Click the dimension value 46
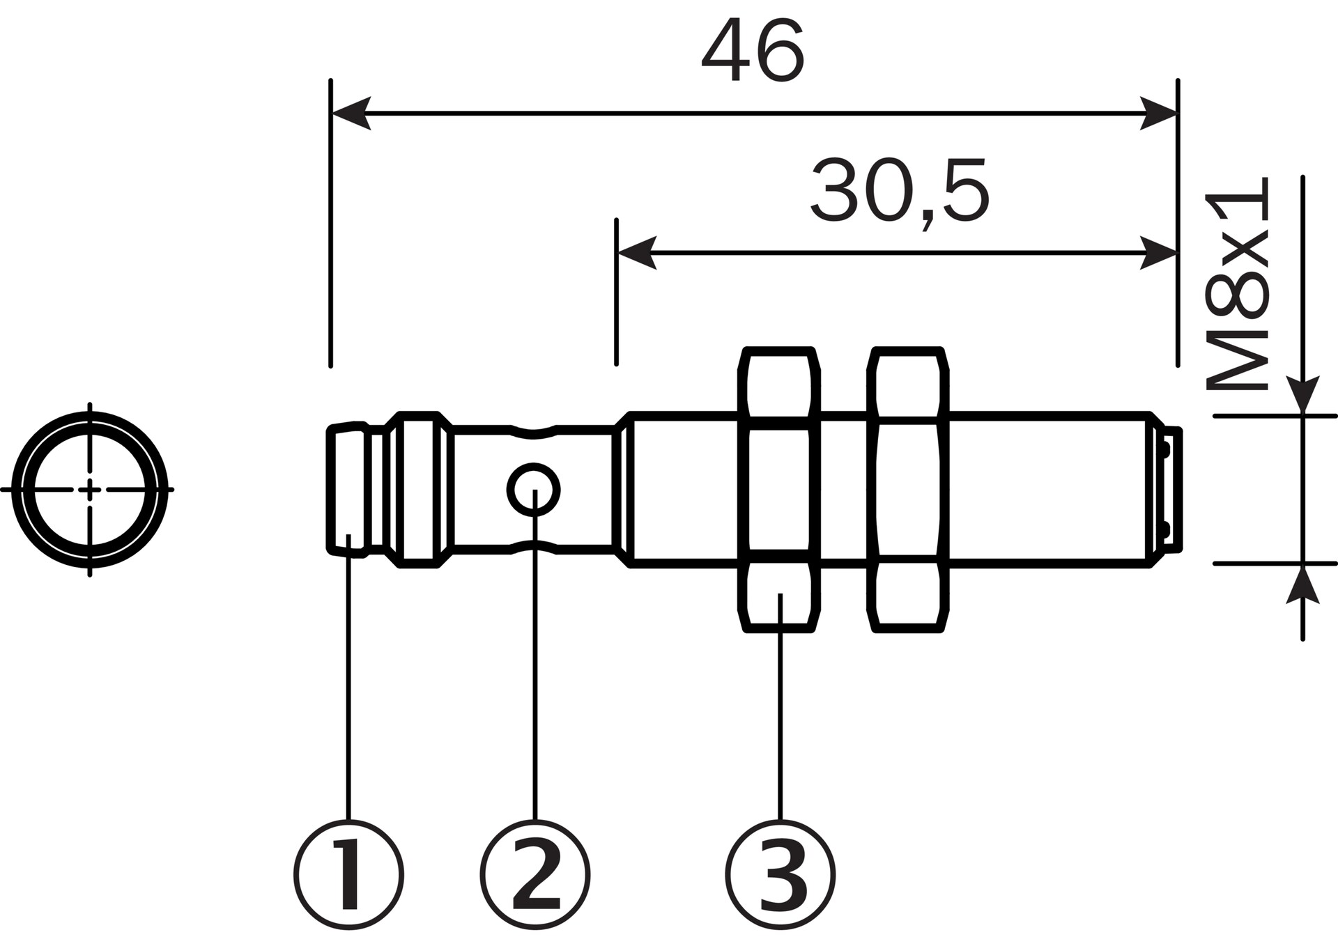[x=753, y=49]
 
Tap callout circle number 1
[x=348, y=875]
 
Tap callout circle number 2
[x=535, y=875]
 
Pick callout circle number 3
[x=780, y=875]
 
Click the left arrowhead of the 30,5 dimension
[x=636, y=253]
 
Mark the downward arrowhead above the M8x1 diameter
[x=1302, y=394]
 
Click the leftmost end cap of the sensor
[x=347, y=490]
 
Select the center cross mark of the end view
[x=89, y=490]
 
